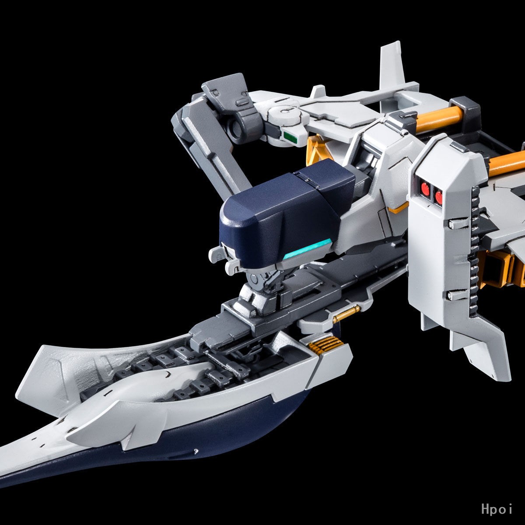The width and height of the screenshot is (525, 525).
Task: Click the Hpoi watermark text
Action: pos(497,509)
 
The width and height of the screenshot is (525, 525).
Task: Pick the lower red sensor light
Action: pos(439,197)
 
